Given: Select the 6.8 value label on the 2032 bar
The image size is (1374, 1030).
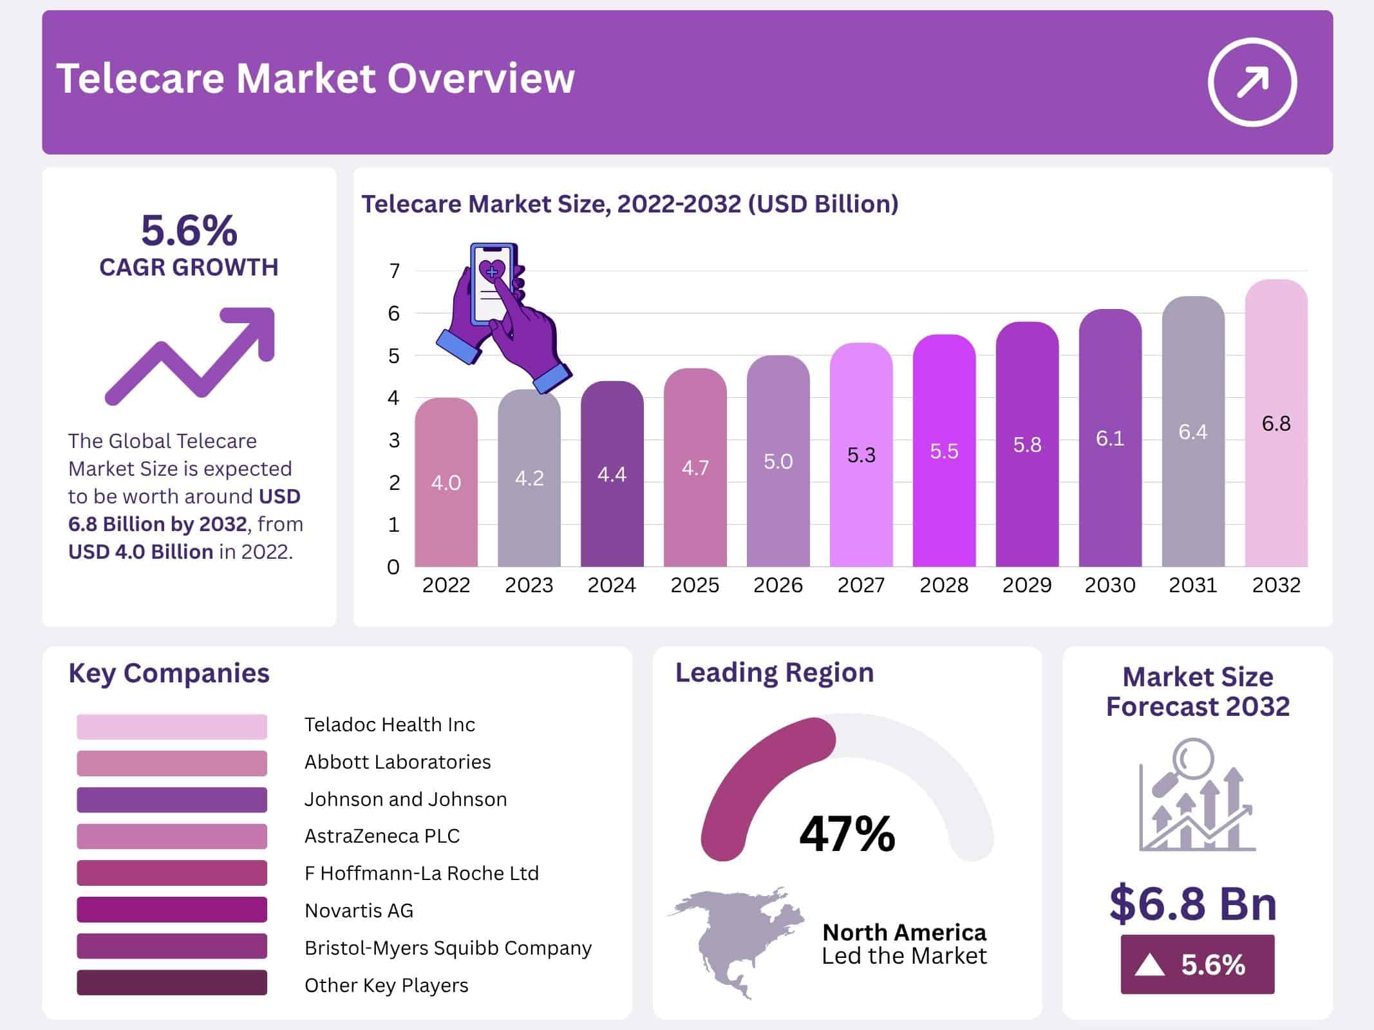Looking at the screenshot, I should coord(1275,424).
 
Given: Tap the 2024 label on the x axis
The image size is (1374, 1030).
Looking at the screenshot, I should coord(611,585).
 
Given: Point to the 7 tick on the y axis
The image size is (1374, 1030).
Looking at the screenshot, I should coord(394,271).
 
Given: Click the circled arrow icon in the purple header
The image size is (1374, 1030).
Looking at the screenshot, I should coord(1252,82).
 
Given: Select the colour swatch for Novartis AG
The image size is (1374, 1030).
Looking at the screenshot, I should coord(171,910).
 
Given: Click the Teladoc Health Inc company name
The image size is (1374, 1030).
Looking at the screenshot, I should coord(390,725).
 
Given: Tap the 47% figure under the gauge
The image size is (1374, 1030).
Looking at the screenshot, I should coord(847,834).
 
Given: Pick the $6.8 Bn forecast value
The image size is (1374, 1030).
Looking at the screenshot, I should coord(1192,903).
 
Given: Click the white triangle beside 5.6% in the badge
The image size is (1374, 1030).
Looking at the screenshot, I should coord(1150,965).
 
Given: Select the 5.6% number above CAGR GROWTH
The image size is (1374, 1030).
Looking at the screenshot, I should coord(189,230).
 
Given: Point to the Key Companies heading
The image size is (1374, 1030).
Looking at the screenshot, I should coord(169,673).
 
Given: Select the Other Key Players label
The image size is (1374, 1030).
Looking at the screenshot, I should coord(386,985).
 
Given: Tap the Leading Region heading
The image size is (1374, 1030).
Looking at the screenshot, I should coord(774,673).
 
